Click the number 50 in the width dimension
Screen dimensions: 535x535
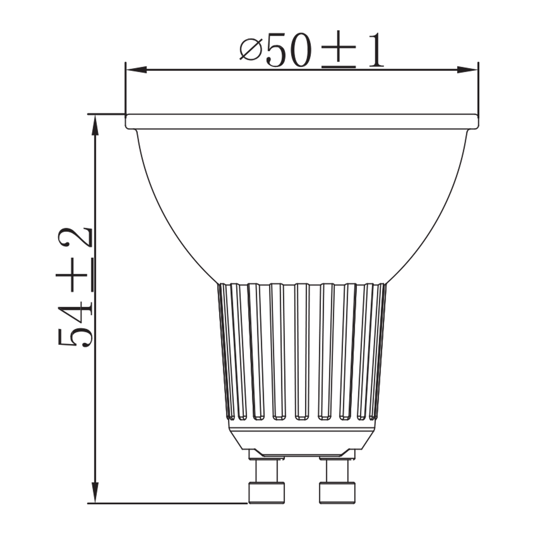click(x=289, y=50)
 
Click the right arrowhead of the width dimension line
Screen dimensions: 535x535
click(x=467, y=70)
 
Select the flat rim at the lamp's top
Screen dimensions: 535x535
click(x=301, y=121)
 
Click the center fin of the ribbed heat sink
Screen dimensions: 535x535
click(x=302, y=351)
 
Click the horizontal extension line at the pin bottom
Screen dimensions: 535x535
click(x=168, y=503)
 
